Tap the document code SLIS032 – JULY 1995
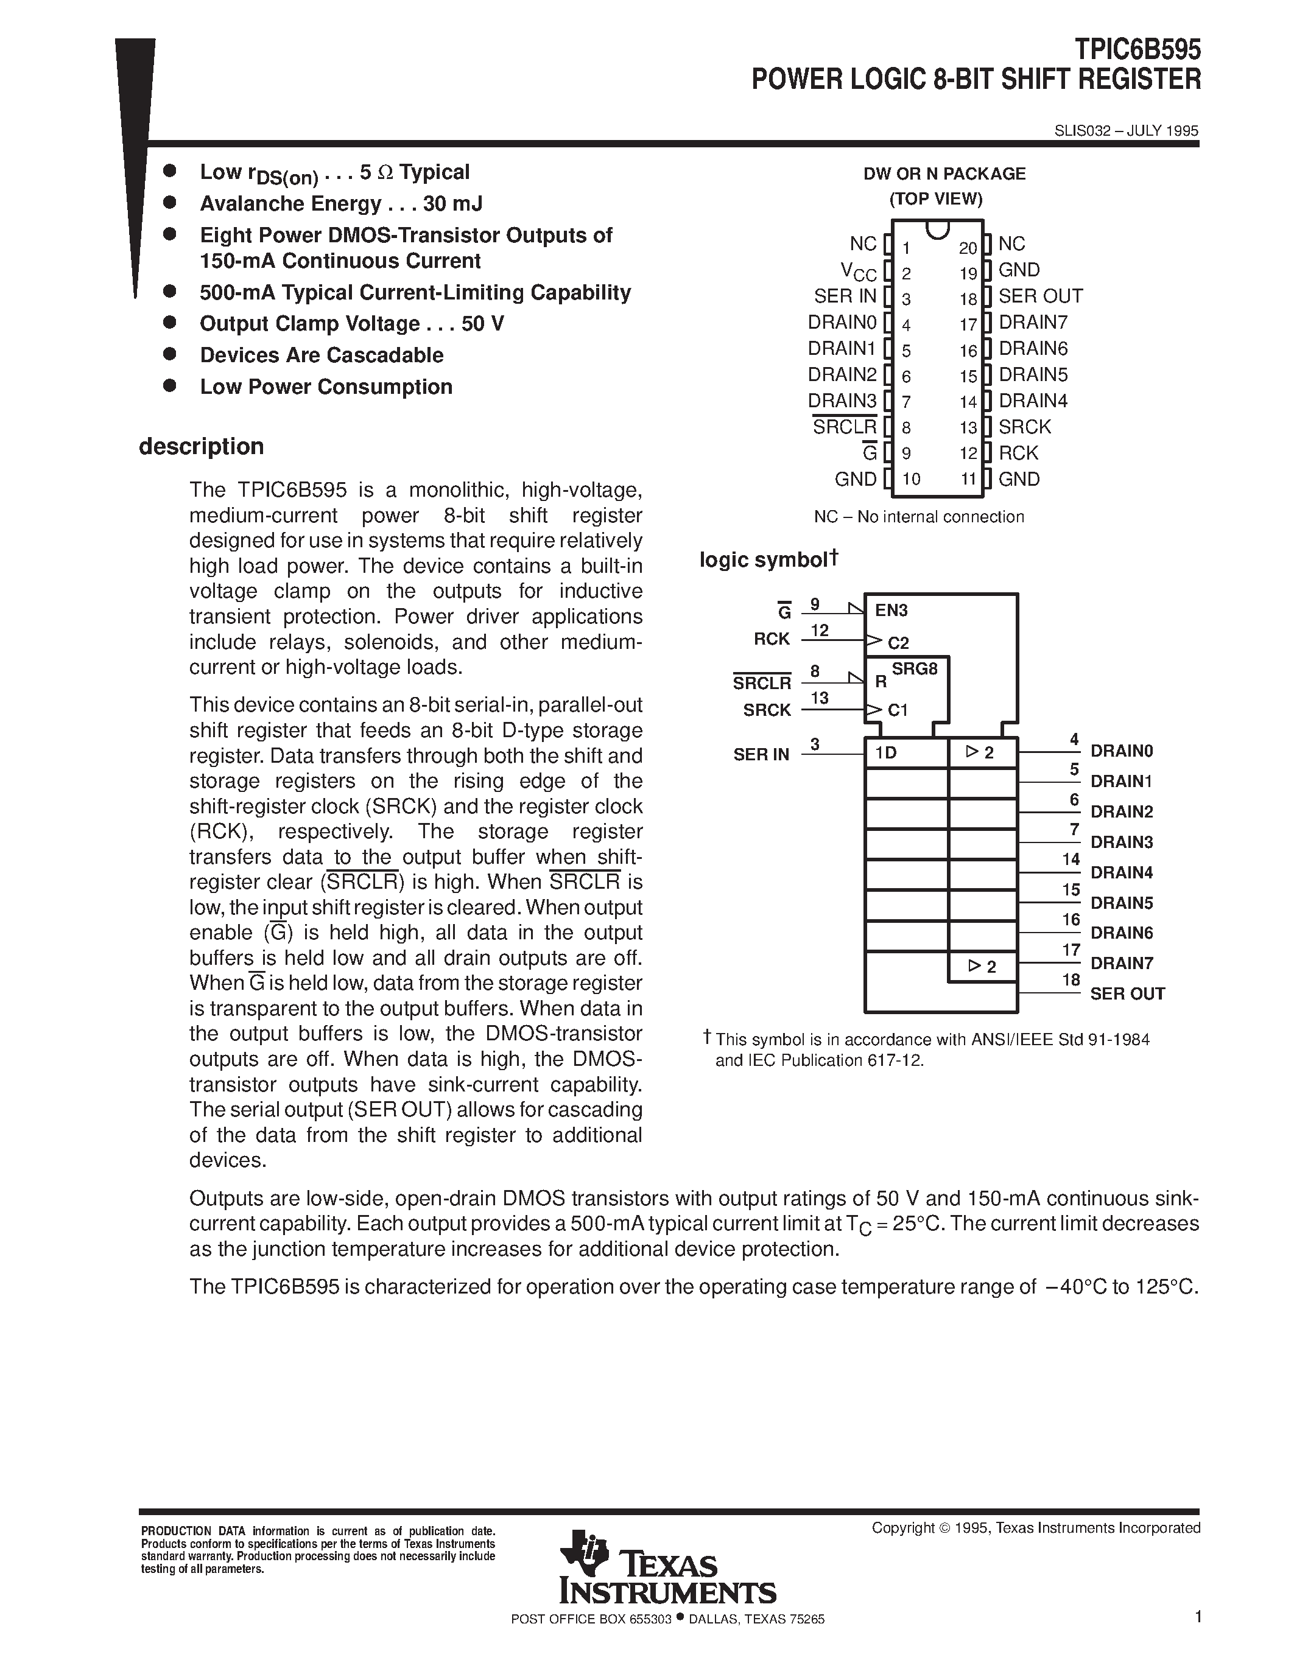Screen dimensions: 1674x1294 1125,131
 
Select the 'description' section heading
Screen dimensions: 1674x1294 201,446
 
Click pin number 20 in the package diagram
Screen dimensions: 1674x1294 968,248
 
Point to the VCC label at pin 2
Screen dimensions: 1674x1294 858,271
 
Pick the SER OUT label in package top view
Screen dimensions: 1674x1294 1039,296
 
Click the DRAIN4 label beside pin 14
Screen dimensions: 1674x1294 1033,401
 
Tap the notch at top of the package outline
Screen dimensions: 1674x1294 937,229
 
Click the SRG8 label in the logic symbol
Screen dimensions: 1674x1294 915,669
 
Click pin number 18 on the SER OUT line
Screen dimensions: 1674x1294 1071,979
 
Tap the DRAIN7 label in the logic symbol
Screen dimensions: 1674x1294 1122,964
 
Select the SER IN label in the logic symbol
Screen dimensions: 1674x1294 761,755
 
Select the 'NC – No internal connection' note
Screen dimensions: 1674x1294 918,517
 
